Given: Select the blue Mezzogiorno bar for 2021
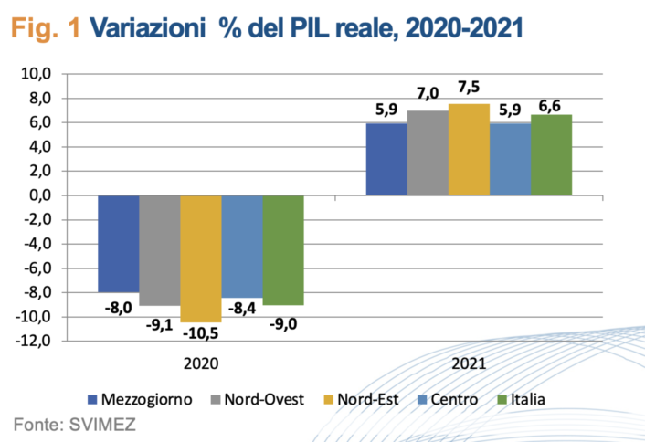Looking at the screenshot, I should coord(386,159).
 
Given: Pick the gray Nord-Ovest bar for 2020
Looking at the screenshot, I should coord(159,250).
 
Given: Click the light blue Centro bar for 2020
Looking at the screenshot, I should coord(241,246).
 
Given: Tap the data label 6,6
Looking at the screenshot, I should coord(551,106).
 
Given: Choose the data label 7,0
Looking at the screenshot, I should coord(428,93).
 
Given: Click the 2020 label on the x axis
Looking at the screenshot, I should coord(200,363).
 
